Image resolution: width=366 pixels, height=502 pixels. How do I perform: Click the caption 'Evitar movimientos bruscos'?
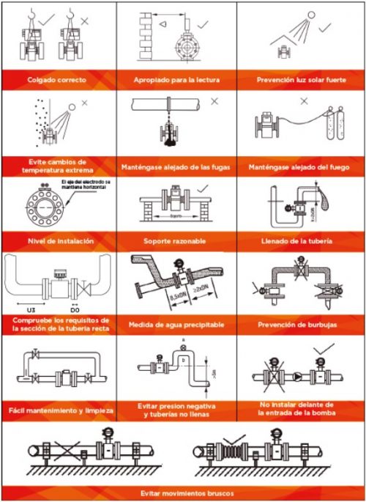[x=183, y=492]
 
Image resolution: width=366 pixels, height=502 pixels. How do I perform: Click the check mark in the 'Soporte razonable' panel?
[x=203, y=188]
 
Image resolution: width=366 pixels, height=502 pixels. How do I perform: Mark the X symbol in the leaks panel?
[x=214, y=102]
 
